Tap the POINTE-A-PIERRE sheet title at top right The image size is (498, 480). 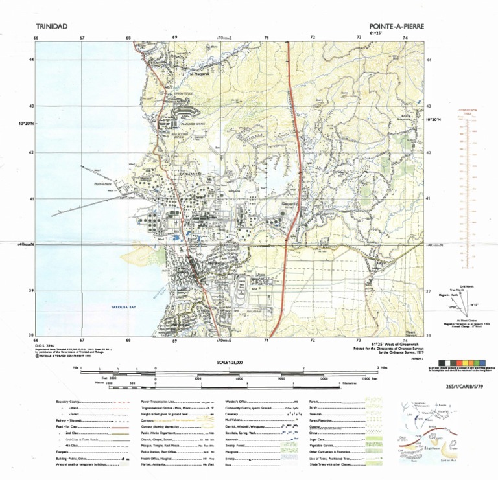(x=394, y=26)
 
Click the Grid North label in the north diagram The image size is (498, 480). (x=466, y=286)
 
